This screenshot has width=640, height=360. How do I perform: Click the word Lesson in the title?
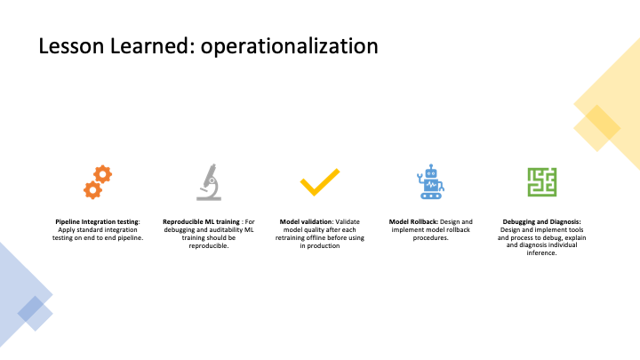coord(71,45)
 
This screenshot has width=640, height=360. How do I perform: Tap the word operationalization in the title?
coord(290,46)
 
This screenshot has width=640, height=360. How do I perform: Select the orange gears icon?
coord(98,182)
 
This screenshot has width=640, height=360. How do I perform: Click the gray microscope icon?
coord(209,182)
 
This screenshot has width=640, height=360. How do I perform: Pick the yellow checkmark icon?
coord(320,182)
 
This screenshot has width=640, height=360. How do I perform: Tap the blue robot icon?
coord(430,181)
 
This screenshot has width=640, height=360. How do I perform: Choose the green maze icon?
coord(542,182)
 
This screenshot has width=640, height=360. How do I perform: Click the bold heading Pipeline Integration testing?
coord(98,221)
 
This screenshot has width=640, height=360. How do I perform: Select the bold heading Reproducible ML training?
coord(201,221)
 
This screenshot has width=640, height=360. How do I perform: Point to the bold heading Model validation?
coord(306,221)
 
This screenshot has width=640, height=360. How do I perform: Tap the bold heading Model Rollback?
coord(413,221)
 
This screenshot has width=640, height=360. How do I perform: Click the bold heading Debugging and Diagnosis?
coord(541,221)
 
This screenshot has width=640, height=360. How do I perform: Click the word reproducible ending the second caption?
coord(209,245)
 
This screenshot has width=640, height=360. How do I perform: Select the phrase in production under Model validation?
coord(320,245)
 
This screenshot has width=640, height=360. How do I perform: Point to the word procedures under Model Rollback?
coord(430,237)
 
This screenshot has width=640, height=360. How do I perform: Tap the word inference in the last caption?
coord(541,253)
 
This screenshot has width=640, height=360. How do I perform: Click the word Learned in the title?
coord(150,45)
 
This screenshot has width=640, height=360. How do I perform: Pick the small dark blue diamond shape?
coord(30,308)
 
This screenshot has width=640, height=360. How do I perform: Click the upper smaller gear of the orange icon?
coord(102,174)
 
